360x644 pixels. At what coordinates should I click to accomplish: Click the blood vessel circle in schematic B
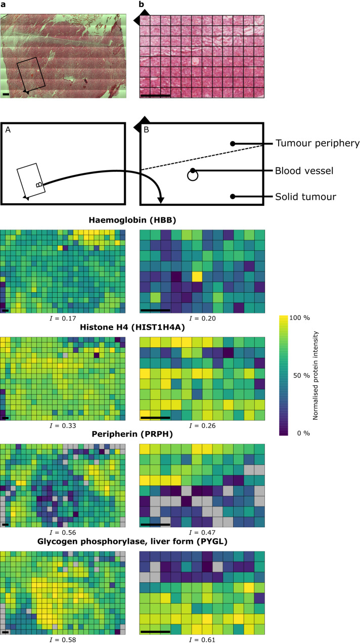point(192,175)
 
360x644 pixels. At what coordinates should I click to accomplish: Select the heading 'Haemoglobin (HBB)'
point(131,220)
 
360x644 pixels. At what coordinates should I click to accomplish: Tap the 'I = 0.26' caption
point(202,426)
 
